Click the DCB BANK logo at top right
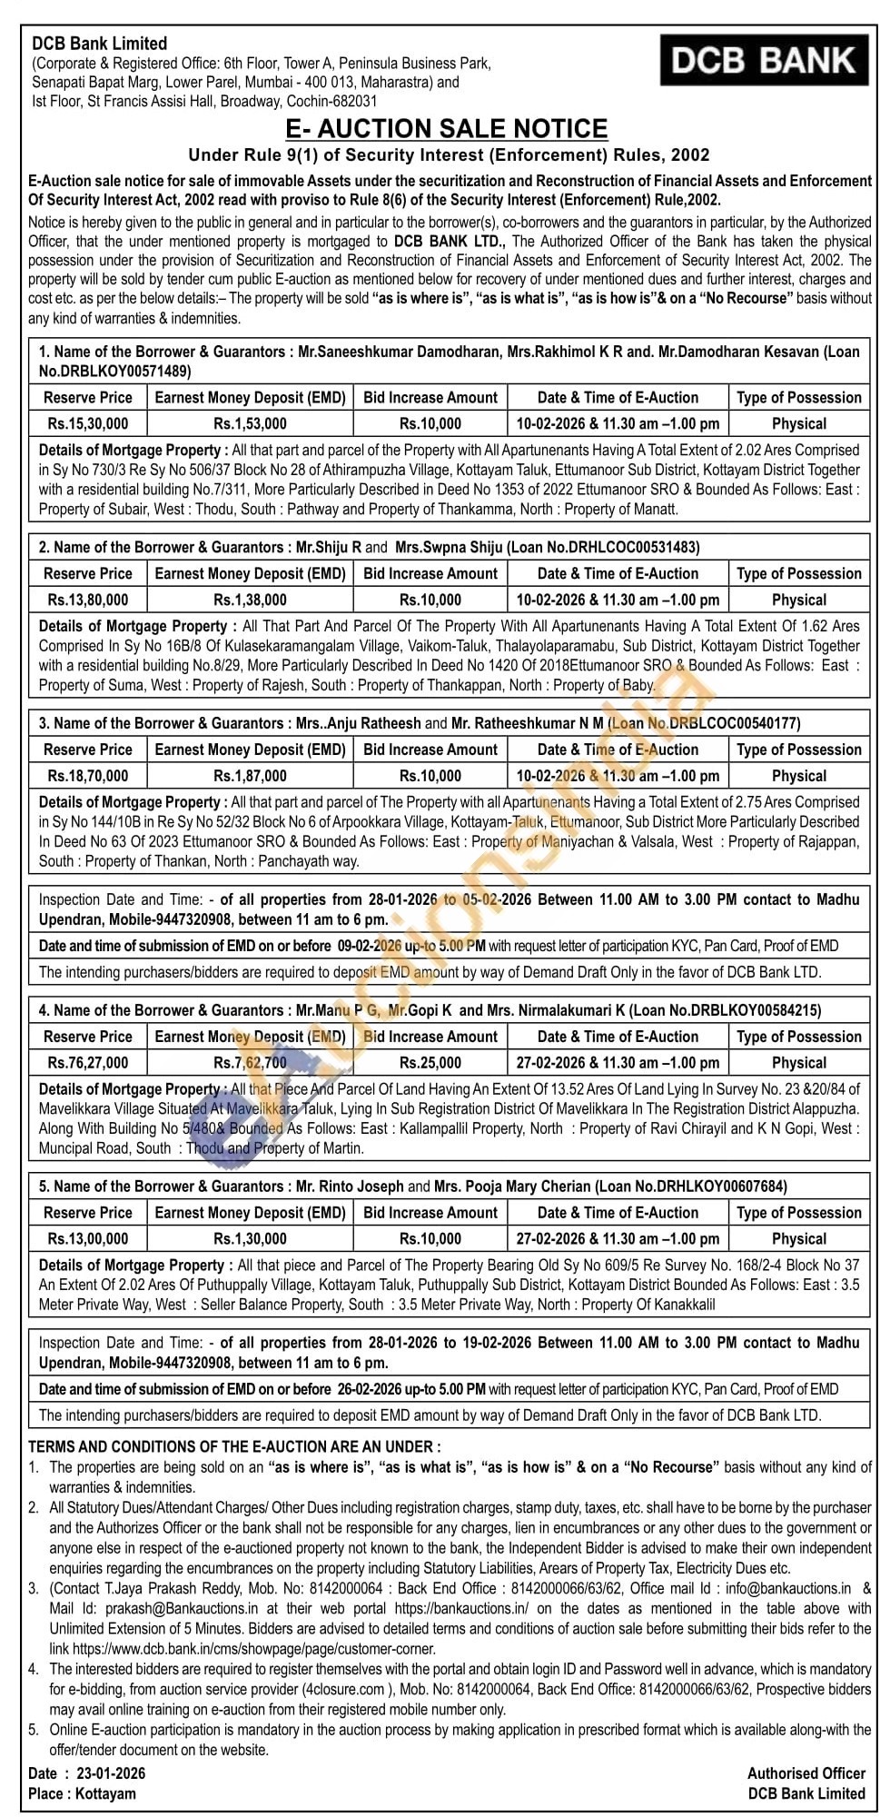click(x=763, y=61)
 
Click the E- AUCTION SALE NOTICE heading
click(x=446, y=129)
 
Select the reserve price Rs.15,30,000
click(x=88, y=423)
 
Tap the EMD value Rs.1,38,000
click(x=250, y=600)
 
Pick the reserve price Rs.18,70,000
click(x=88, y=776)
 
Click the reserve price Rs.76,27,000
click(x=88, y=1063)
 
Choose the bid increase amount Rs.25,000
click(x=430, y=1063)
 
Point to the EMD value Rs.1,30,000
click(x=250, y=1239)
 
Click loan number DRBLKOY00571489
click(x=114, y=371)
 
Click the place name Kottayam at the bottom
click(x=105, y=1793)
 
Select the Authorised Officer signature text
click(x=806, y=1772)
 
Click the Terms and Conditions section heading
click(x=234, y=1446)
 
